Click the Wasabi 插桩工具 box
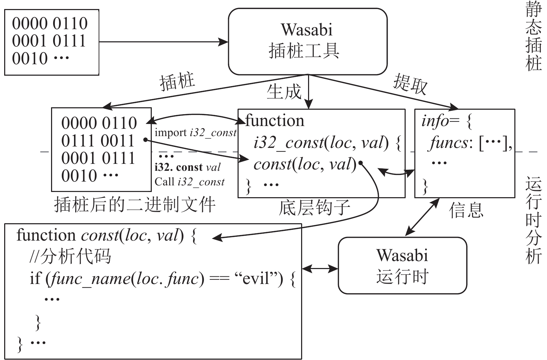pyautogui.click(x=307, y=41)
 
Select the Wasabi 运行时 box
pyautogui.click(x=402, y=266)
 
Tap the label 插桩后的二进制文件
pyautogui.click(x=135, y=205)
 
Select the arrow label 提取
pyautogui.click(x=410, y=84)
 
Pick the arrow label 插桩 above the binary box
pyautogui.click(x=177, y=82)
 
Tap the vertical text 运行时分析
pyautogui.click(x=533, y=220)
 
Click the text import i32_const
pyautogui.click(x=196, y=133)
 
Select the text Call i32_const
pyautogui.click(x=190, y=182)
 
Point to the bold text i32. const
pyautogui.click(x=179, y=167)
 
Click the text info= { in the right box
pyautogui.click(x=447, y=121)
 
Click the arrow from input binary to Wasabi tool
pyautogui.click(x=163, y=42)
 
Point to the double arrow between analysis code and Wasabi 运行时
pyautogui.click(x=320, y=268)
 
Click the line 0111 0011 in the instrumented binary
pyautogui.click(x=98, y=141)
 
